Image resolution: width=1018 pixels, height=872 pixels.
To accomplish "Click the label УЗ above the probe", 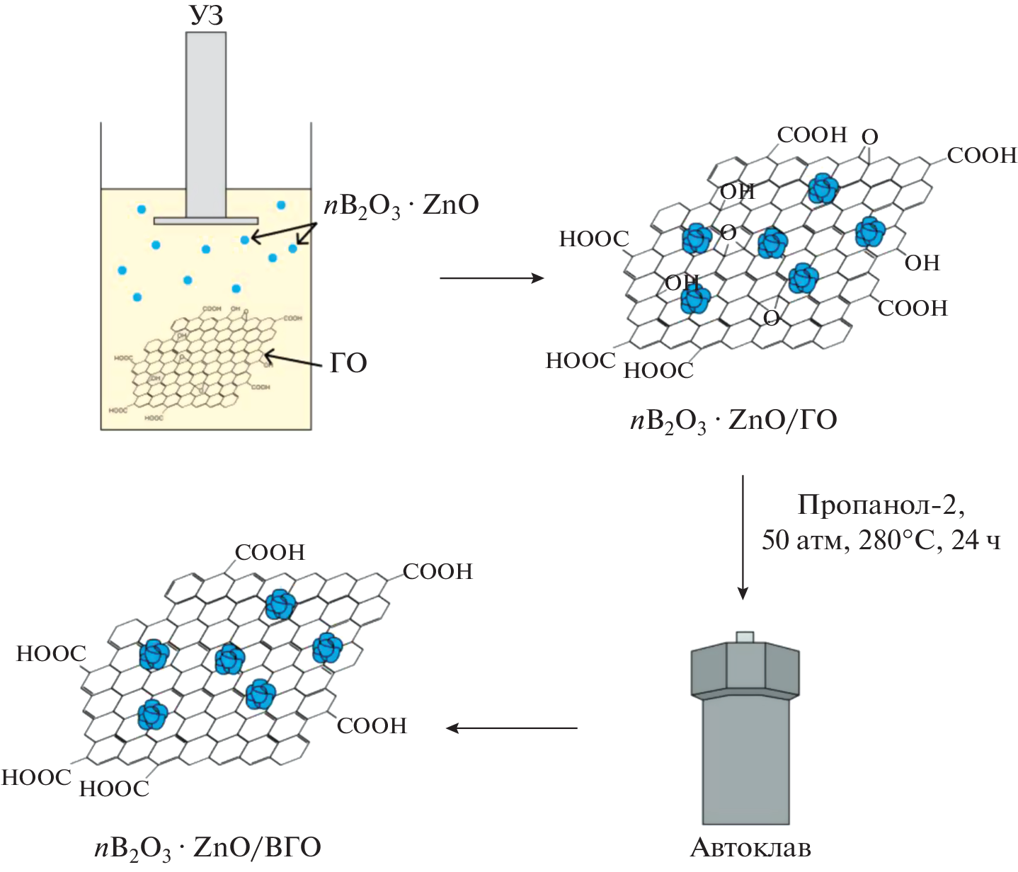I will [x=206, y=16].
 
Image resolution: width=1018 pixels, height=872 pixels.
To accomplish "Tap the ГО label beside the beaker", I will [x=348, y=363].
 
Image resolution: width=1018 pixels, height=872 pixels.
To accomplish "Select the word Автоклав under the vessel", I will [x=750, y=847].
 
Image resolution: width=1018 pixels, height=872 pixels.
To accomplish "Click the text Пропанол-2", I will [x=881, y=505].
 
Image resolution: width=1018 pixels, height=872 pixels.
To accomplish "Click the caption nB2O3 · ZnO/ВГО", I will [x=207, y=847].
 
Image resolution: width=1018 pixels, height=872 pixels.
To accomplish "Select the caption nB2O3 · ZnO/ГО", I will [x=733, y=420].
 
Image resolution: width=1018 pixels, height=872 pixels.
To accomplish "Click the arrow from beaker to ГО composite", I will [x=491, y=278].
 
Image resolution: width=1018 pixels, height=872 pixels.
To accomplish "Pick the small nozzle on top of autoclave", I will [x=745, y=637].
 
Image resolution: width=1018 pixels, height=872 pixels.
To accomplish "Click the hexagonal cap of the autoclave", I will [x=745, y=670].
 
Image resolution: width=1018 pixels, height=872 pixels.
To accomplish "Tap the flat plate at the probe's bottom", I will [x=205, y=221].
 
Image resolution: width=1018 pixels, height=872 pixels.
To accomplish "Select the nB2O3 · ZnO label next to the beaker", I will [x=401, y=206].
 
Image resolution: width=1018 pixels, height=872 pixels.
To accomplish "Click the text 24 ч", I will [x=976, y=540].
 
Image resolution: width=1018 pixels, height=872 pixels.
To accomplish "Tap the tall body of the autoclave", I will [x=745, y=761].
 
